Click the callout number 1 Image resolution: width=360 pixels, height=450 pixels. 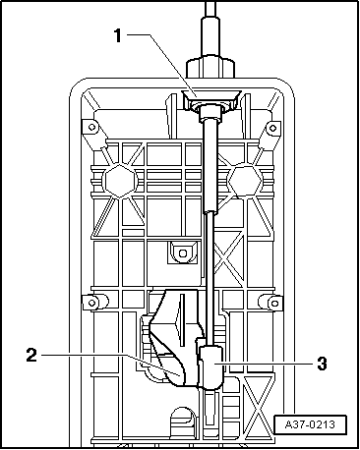tap(119, 36)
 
